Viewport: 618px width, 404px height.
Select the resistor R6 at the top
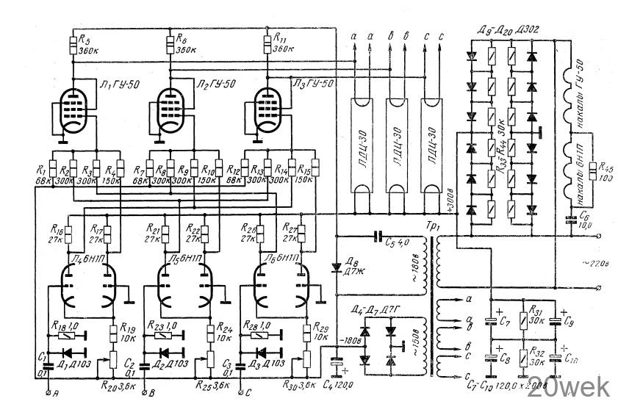[x=171, y=43]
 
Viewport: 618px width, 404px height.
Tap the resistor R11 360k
[x=267, y=43]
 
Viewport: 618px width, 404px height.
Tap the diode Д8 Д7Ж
[x=337, y=266]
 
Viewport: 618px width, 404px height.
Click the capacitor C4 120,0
[x=337, y=362]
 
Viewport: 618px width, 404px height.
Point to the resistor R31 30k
[x=522, y=317]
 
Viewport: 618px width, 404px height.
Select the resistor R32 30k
[x=522, y=360]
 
